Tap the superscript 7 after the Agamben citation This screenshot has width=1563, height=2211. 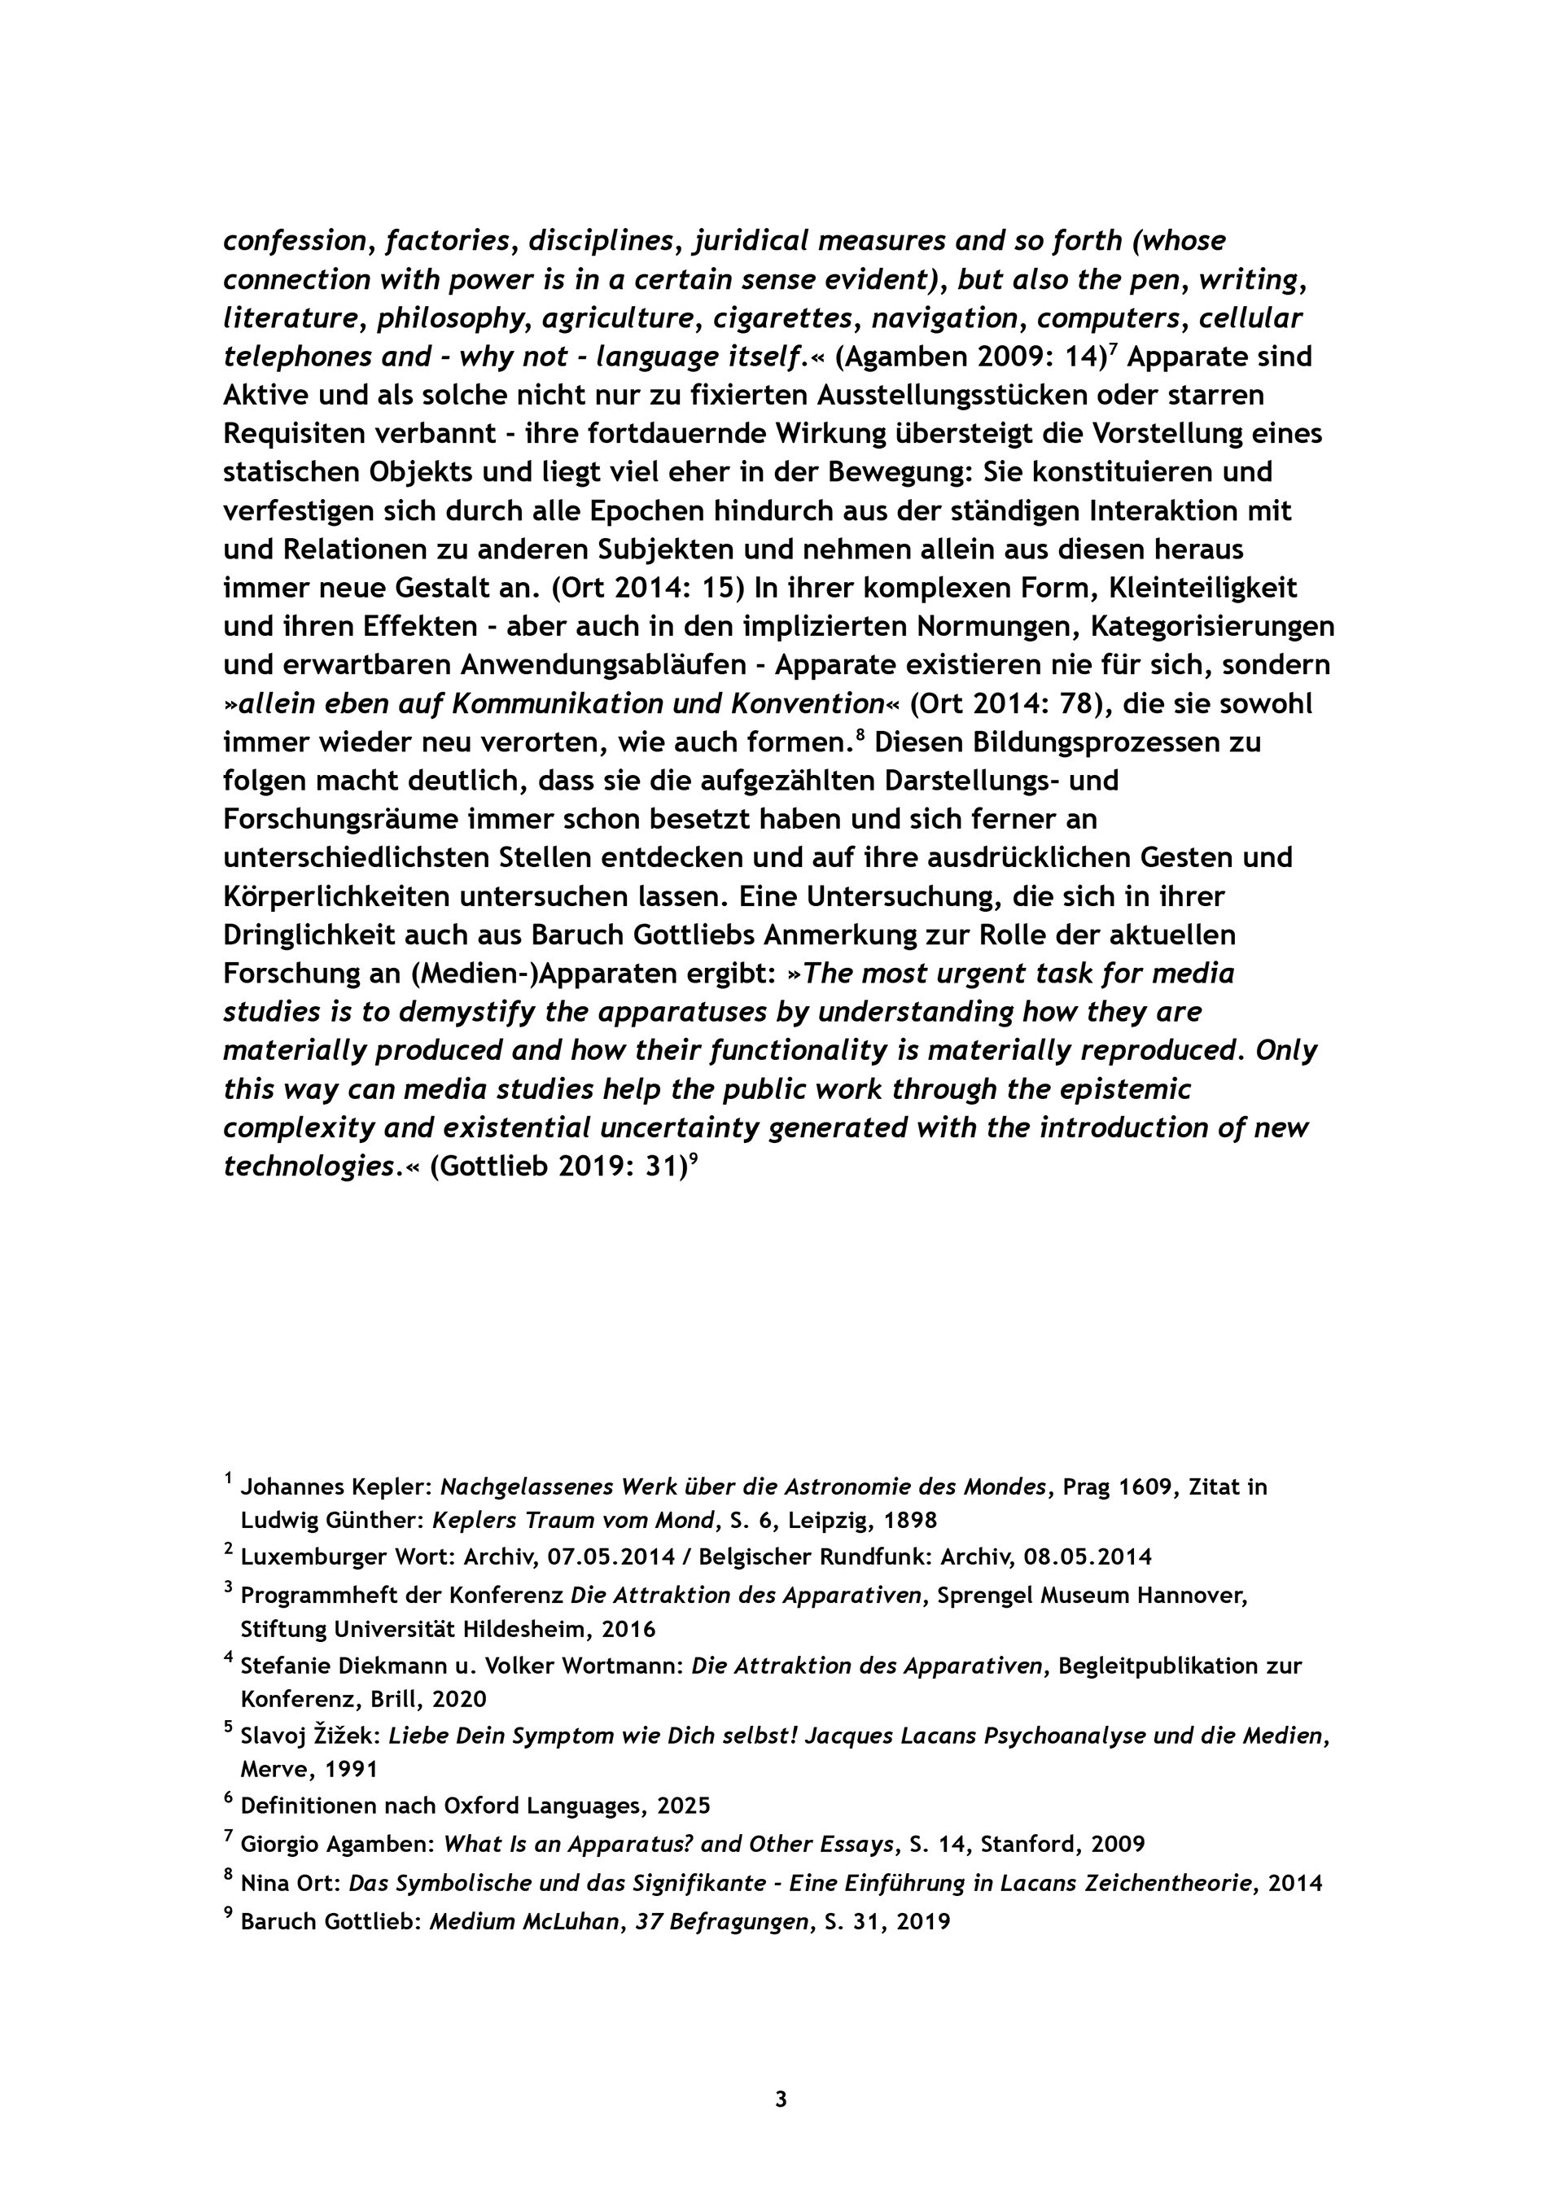tap(1114, 348)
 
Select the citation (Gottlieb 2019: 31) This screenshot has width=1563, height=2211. tap(557, 1167)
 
